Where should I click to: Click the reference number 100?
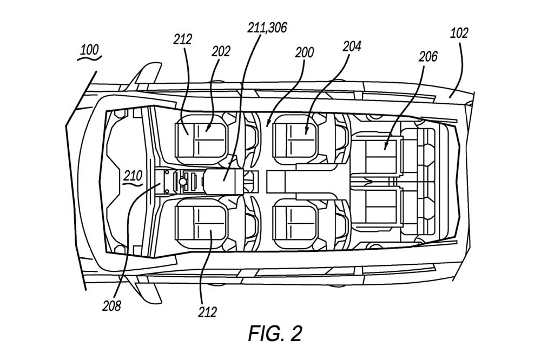(89, 50)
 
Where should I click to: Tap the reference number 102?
(459, 33)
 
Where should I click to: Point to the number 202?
(221, 51)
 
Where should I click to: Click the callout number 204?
(352, 45)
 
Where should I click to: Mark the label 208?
(112, 305)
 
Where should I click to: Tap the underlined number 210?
(133, 176)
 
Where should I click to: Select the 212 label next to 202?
(183, 39)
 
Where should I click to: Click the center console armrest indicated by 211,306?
(222, 181)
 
